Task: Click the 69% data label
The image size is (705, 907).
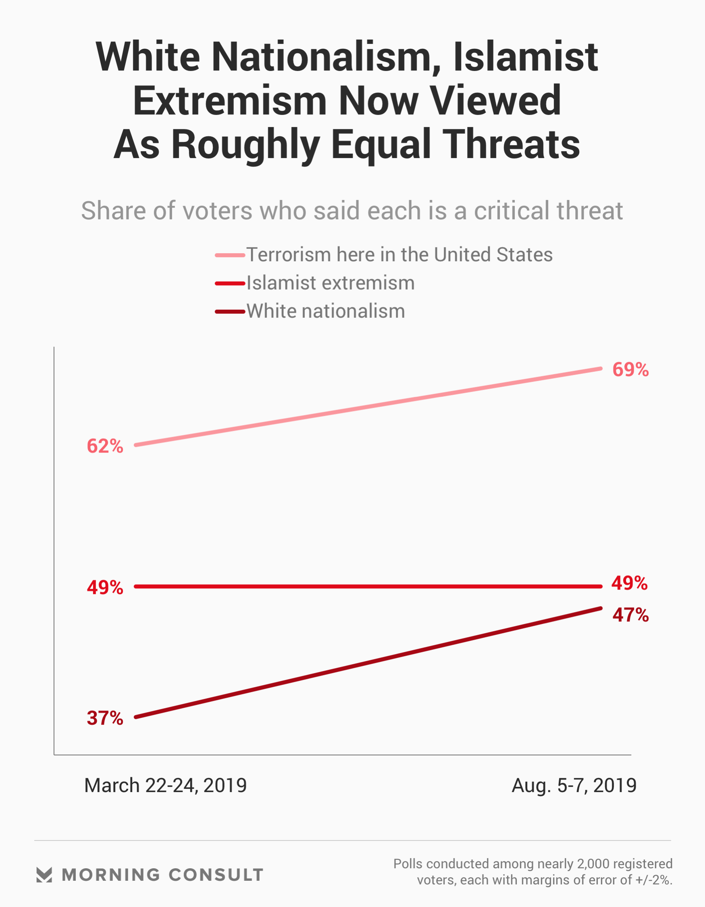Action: pos(630,369)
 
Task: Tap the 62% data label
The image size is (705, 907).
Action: pos(105,446)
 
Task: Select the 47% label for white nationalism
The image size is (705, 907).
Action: pos(630,615)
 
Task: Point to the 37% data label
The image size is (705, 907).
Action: pos(105,718)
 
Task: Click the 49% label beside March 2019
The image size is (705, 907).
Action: pos(105,588)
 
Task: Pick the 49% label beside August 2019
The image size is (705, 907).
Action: pos(630,584)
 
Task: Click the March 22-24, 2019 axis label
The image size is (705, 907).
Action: pos(165,785)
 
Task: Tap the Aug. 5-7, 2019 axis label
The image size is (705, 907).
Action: pos(574,785)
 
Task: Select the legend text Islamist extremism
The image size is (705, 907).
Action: pos(331,283)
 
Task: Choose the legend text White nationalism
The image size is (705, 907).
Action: pos(326,311)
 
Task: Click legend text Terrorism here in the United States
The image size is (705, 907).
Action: pos(399,254)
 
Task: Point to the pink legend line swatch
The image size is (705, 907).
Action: pos(230,255)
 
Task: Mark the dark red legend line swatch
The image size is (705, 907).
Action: pos(230,311)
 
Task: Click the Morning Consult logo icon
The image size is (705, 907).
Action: pos(44,875)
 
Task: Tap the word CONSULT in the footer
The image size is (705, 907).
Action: pos(216,875)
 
